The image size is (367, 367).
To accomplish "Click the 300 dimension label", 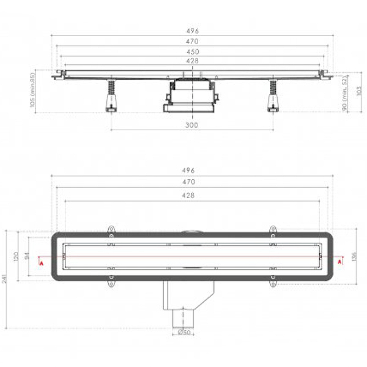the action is coord(192,125).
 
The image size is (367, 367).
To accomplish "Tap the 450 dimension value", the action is coord(193,52).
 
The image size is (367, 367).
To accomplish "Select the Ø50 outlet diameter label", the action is coord(184,332).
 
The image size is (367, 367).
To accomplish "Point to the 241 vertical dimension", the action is coord(5,279).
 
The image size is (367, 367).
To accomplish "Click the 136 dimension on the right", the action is coord(354,256).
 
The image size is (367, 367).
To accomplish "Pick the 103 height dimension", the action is coord(359,91).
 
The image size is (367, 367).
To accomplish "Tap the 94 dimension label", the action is coord(27,256).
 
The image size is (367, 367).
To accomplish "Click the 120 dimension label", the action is coord(16,257).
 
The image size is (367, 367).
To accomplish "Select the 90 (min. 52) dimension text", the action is coord(345,94).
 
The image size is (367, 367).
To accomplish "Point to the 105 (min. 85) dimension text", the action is coord(33,90).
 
